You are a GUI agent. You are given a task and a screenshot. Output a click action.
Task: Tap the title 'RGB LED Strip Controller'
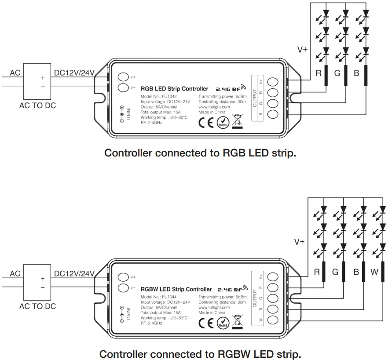pos(174,89)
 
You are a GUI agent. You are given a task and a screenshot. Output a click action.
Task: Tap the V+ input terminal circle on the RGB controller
pos(124,77)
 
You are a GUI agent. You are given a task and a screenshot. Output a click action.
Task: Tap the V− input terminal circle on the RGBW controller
pos(124,288)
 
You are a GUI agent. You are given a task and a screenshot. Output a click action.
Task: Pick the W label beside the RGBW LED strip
pos(374,272)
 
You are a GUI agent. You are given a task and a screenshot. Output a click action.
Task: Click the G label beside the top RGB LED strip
pos(337,73)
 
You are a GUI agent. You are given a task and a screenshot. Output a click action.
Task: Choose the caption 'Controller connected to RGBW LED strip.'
pos(200,354)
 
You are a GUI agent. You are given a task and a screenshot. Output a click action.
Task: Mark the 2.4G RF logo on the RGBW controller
pos(231,289)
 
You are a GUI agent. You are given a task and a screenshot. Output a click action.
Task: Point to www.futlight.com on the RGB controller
pos(214,107)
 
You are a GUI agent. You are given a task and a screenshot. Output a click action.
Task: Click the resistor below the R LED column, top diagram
pos(326,76)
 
